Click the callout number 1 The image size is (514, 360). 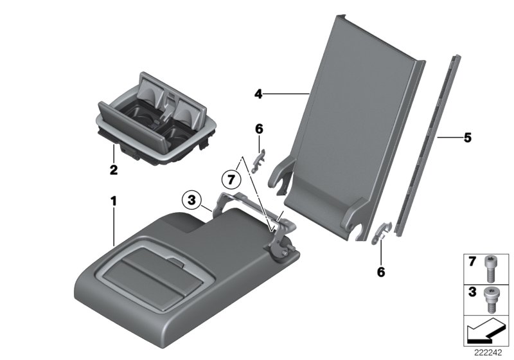(114, 201)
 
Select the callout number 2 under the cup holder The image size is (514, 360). (114, 170)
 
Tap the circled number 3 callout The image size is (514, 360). (191, 200)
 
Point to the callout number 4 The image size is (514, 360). (258, 94)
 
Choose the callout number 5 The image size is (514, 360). (468, 138)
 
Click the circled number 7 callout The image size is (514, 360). (231, 179)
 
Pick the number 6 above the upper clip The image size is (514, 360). (259, 129)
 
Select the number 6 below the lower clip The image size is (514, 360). (380, 272)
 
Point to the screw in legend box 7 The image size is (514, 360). (489, 269)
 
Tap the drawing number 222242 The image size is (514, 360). (488, 352)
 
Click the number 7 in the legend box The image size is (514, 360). (472, 262)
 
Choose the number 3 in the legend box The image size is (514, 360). (472, 292)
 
